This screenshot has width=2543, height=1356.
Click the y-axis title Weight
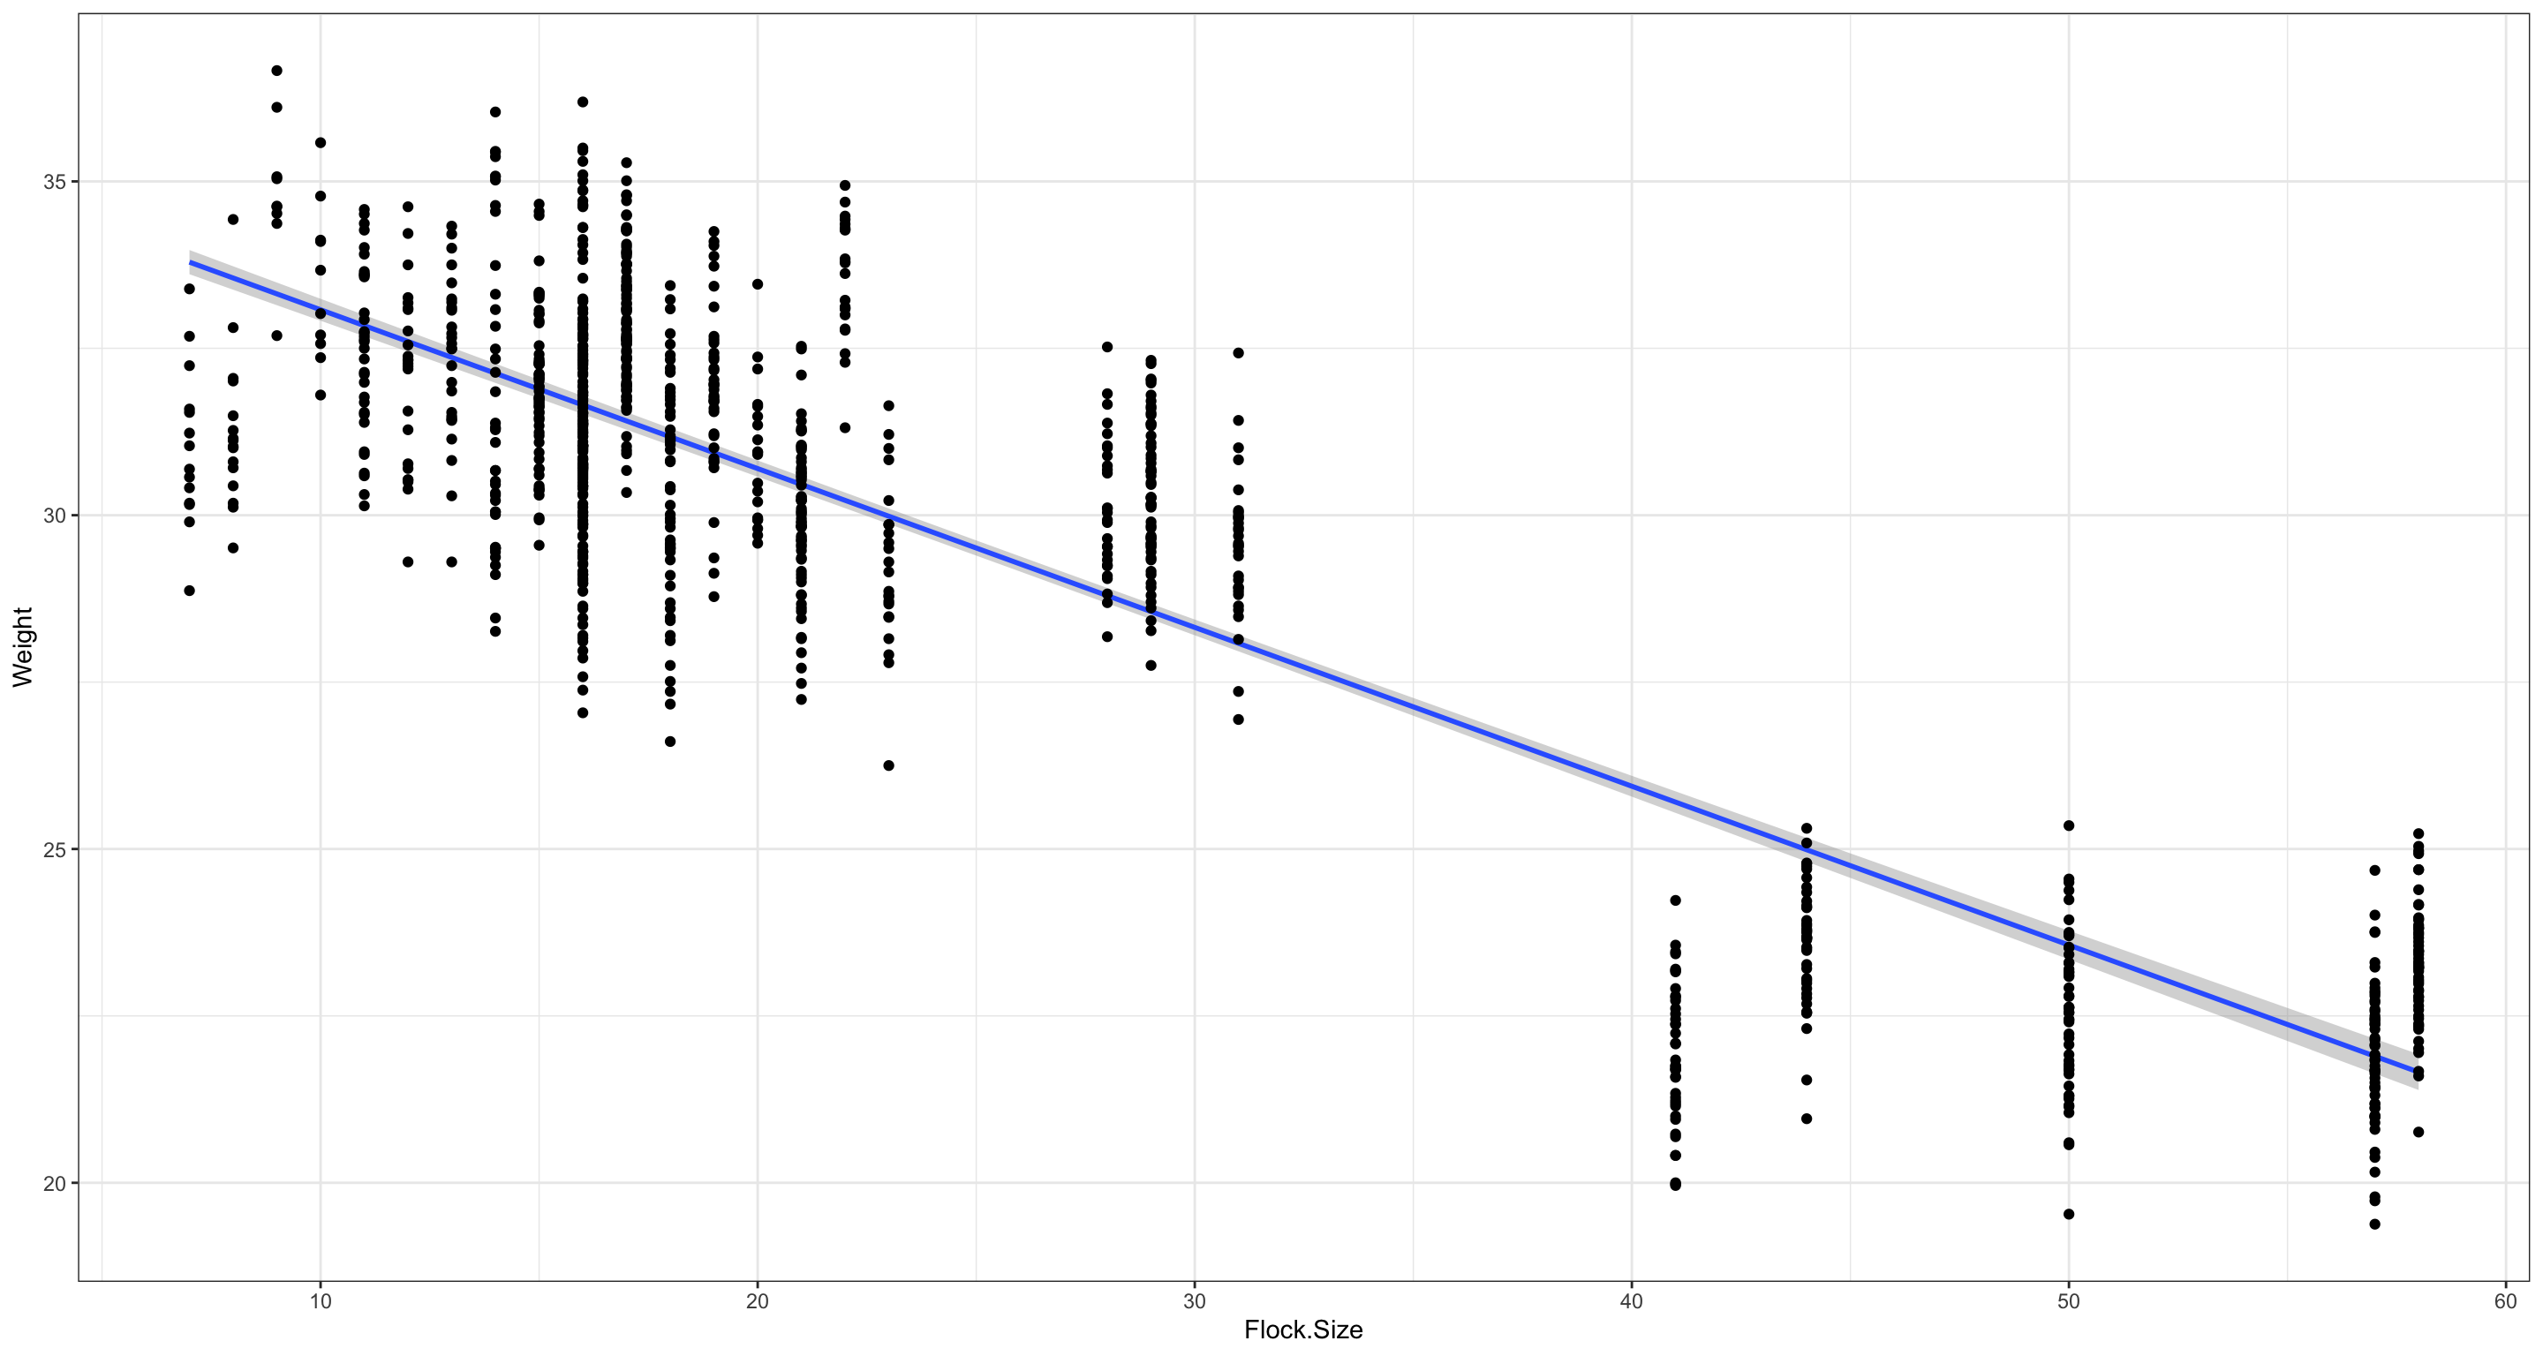coord(22,646)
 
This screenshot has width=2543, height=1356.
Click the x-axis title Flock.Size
coord(1303,1330)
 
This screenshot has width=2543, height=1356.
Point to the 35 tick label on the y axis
coord(53,182)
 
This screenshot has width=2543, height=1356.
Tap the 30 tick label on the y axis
coord(53,516)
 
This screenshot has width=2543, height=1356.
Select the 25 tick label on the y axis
coord(53,848)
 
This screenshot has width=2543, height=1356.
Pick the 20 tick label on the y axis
coord(53,1182)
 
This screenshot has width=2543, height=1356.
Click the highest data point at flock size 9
coord(276,70)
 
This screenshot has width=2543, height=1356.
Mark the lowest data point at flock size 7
coord(190,591)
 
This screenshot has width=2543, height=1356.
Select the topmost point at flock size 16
coord(583,102)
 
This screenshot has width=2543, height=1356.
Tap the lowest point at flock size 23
coord(888,765)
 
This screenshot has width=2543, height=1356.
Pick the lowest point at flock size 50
coord(2069,1214)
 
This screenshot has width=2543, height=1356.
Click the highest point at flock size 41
coord(1675,900)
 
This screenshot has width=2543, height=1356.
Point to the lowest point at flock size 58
coord(2418,1132)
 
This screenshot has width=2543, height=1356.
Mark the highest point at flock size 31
coord(1238,352)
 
